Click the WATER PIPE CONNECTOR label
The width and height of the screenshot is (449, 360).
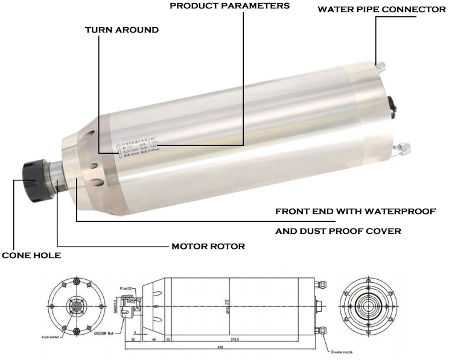[381, 10]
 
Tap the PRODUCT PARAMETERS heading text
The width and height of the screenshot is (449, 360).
[229, 5]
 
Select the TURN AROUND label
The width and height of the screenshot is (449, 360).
[122, 30]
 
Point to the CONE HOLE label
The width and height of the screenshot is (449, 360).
[31, 255]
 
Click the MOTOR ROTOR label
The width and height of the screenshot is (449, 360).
[208, 246]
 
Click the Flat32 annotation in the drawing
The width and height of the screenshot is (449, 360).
[128, 289]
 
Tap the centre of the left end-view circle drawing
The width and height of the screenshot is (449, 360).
[75, 306]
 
